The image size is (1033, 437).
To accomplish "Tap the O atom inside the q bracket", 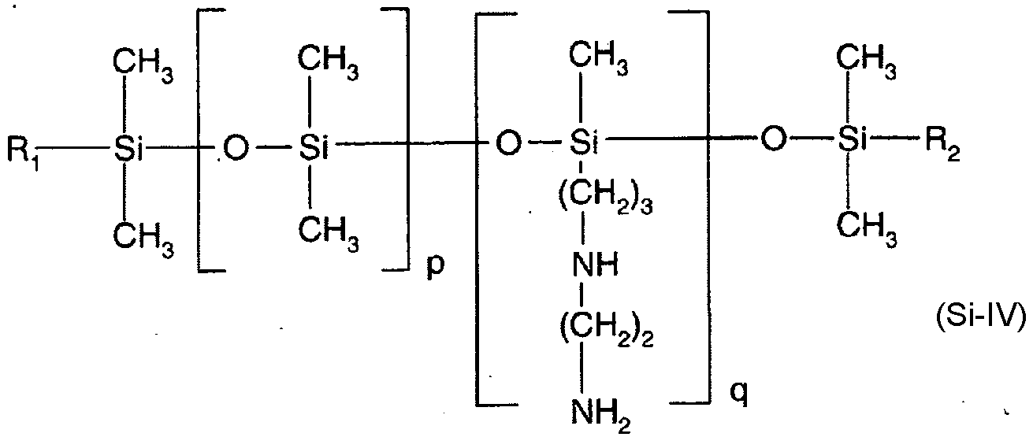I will pos(509,144).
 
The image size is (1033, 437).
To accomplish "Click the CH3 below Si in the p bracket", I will pos(330,231).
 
